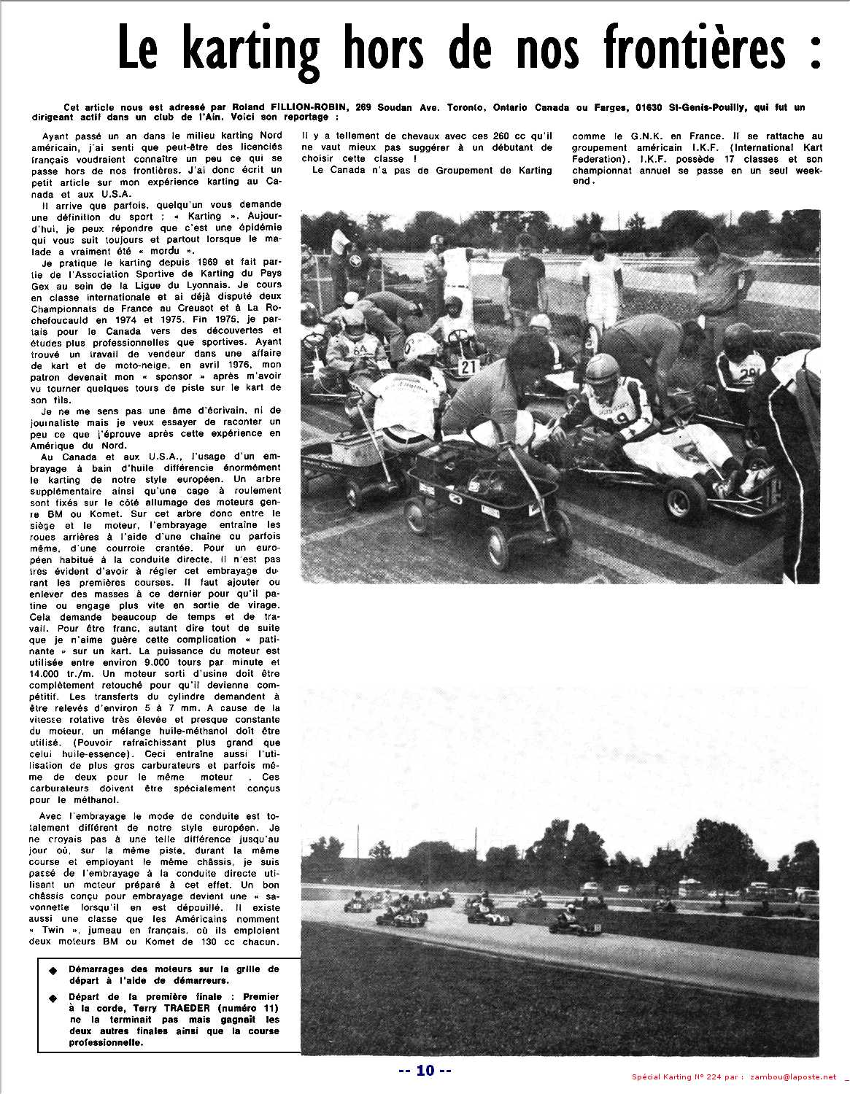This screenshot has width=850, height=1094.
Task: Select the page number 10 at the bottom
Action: pyautogui.click(x=425, y=1071)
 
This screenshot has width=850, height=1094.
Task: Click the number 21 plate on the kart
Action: pyautogui.click(x=468, y=366)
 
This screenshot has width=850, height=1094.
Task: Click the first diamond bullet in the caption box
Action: pyautogui.click(x=52, y=971)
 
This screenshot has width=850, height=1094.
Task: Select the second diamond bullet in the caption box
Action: pyautogui.click(x=52, y=998)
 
